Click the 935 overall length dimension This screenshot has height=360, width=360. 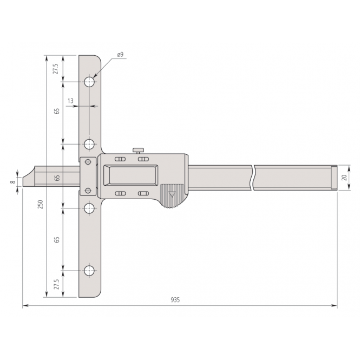click(x=175, y=300)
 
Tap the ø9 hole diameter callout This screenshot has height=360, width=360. click(x=120, y=55)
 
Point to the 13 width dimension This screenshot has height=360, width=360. click(x=70, y=101)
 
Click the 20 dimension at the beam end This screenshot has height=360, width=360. click(x=344, y=178)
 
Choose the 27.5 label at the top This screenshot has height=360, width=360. click(x=55, y=69)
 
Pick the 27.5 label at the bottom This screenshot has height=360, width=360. click(x=55, y=284)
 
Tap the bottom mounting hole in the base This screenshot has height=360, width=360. click(x=89, y=271)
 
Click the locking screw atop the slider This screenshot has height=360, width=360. click(x=139, y=150)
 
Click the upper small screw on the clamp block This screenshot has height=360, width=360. click(x=88, y=161)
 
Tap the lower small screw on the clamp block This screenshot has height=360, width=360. click(x=88, y=190)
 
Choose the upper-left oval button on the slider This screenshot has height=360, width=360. click(x=120, y=159)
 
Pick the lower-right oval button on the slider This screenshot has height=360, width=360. click(x=143, y=193)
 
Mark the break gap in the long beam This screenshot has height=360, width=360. click(x=252, y=178)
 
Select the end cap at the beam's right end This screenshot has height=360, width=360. click(x=333, y=178)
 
